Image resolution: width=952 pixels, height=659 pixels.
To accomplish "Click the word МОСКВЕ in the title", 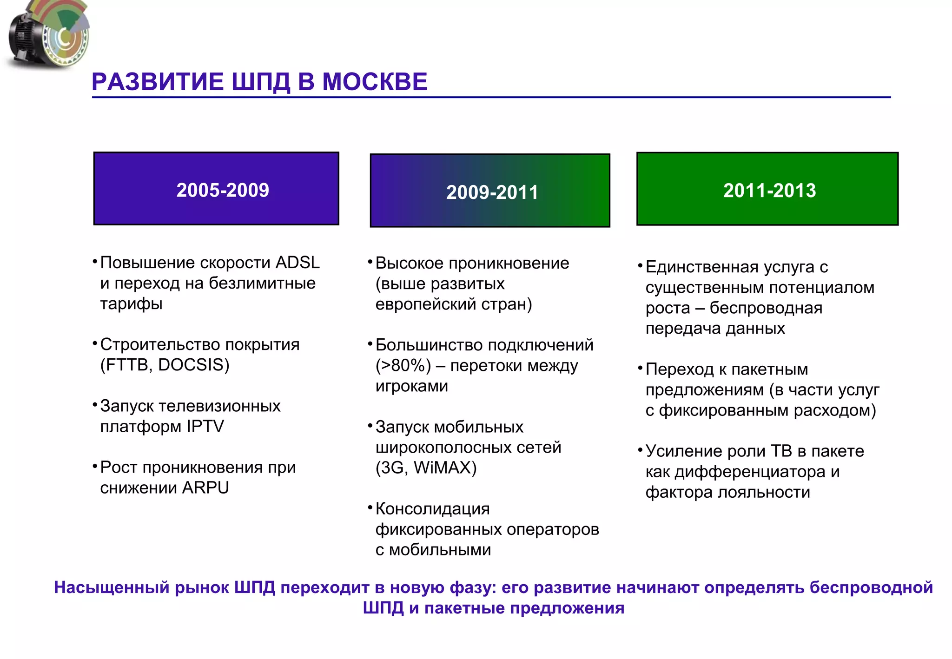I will point(374,82).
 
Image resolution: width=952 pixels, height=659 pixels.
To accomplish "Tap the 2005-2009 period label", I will point(223,190).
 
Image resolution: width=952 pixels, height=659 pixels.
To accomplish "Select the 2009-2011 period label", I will point(492,192).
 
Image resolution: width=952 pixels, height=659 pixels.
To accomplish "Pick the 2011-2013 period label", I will point(769,191).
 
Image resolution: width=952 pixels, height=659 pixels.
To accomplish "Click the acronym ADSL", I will point(297,263).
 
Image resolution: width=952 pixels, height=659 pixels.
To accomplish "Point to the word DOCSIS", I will point(193,365).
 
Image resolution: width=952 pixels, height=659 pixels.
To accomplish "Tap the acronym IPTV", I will point(205,426).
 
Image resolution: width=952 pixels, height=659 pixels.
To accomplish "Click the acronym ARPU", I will point(205,488).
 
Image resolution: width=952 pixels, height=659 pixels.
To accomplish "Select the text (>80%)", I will point(403,366).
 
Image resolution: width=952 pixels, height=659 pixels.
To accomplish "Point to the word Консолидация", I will point(432,509).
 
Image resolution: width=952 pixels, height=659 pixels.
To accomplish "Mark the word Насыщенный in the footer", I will point(111,587).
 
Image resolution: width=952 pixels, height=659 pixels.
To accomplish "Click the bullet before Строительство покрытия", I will point(95,344).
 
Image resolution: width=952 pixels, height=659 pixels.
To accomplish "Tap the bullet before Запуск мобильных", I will point(370,425).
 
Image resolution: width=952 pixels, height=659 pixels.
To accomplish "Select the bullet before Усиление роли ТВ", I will point(640,450).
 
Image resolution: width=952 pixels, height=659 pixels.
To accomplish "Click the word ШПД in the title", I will point(261,82).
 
